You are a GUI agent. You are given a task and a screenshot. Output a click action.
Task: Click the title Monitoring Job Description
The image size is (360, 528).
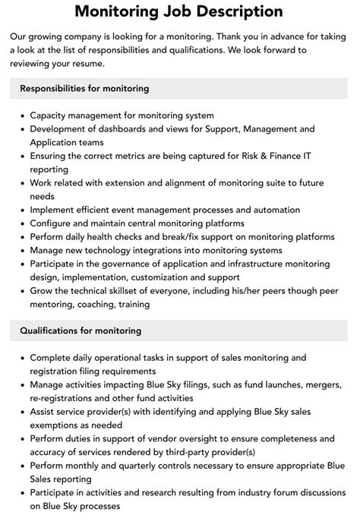click(x=179, y=12)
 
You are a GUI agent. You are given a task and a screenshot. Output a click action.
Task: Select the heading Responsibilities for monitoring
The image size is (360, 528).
click(x=84, y=88)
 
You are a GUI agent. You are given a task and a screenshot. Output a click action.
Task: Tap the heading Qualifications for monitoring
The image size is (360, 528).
click(x=81, y=330)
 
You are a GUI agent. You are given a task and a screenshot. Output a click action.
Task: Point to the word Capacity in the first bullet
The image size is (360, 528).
click(x=50, y=115)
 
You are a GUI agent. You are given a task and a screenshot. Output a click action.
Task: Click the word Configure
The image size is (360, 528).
click(x=53, y=223)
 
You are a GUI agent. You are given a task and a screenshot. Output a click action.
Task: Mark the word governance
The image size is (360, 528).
click(x=125, y=264)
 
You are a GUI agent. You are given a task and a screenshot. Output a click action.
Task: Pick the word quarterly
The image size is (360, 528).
click(x=134, y=465)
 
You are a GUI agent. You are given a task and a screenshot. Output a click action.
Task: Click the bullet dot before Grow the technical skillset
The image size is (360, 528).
click(x=20, y=291)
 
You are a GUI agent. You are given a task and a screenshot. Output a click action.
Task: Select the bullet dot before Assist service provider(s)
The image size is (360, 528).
click(x=20, y=412)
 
